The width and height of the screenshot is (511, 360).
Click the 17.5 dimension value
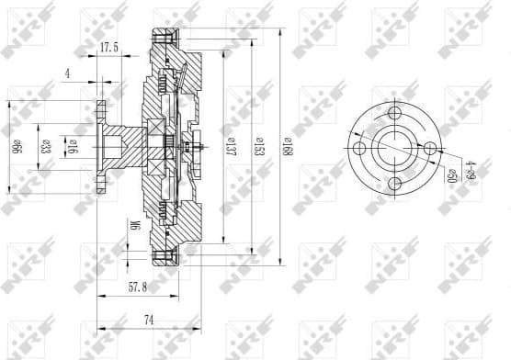pyautogui.click(x=109, y=48)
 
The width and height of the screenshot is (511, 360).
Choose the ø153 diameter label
pyautogui.click(x=259, y=144)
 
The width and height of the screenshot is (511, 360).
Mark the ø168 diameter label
pyautogui.click(x=287, y=144)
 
